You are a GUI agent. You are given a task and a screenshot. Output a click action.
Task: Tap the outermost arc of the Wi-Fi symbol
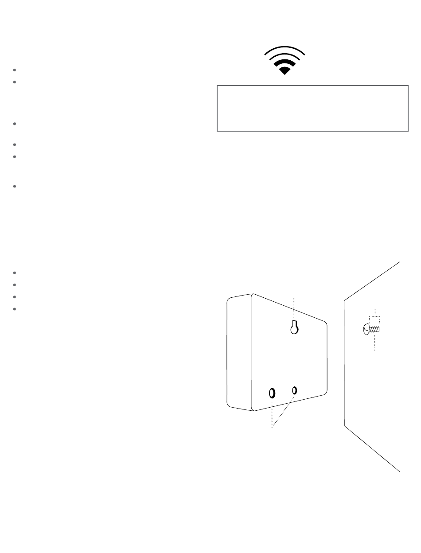285,47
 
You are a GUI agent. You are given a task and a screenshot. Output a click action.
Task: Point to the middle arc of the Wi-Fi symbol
285,61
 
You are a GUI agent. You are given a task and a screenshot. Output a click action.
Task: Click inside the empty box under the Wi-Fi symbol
312,109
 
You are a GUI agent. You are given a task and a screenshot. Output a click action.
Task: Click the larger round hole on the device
272,393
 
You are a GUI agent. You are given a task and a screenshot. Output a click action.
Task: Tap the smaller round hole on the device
294,390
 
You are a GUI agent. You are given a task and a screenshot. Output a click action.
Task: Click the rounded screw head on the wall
366,329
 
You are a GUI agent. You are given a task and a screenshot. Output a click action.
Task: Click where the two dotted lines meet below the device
272,427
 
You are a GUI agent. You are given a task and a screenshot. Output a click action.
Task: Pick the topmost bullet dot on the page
15,70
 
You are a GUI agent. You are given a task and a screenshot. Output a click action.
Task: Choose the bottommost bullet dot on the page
15,308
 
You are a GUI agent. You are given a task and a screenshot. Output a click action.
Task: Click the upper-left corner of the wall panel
345,301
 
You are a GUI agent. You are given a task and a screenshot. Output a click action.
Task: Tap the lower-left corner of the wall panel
345,426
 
